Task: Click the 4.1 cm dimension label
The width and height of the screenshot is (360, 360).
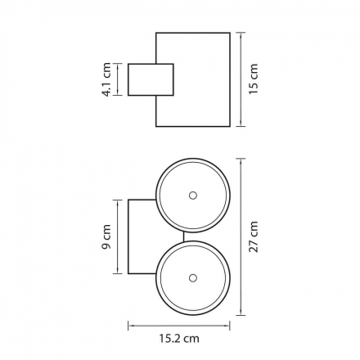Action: pos(106,79)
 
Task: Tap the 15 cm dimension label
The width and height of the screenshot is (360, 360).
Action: pos(254,79)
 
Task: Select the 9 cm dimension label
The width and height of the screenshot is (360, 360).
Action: pos(106,236)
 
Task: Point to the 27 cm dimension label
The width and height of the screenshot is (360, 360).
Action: pos(254,236)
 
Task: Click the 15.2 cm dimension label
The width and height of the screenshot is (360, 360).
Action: pos(179,339)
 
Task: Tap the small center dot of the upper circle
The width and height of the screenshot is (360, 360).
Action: pos(193,196)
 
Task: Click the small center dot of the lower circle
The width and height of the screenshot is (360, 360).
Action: pos(193,278)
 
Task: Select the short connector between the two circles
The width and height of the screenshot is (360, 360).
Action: pos(184,236)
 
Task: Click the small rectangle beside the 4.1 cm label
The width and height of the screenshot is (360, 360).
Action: pos(151,79)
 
